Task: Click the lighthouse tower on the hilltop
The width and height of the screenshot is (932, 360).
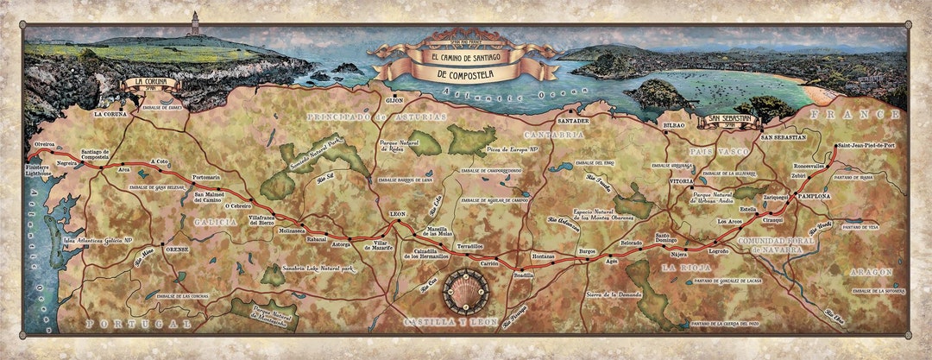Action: click(x=195, y=23)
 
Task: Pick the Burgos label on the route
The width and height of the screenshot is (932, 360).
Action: click(x=587, y=251)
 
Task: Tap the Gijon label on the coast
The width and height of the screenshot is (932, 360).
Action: click(x=395, y=100)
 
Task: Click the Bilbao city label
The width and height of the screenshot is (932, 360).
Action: click(x=673, y=125)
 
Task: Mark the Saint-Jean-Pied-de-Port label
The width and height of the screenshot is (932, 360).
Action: click(x=866, y=146)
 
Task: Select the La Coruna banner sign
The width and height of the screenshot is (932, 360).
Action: click(x=151, y=85)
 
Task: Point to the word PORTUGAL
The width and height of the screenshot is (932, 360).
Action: click(x=139, y=323)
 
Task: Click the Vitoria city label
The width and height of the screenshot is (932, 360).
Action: click(x=681, y=181)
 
